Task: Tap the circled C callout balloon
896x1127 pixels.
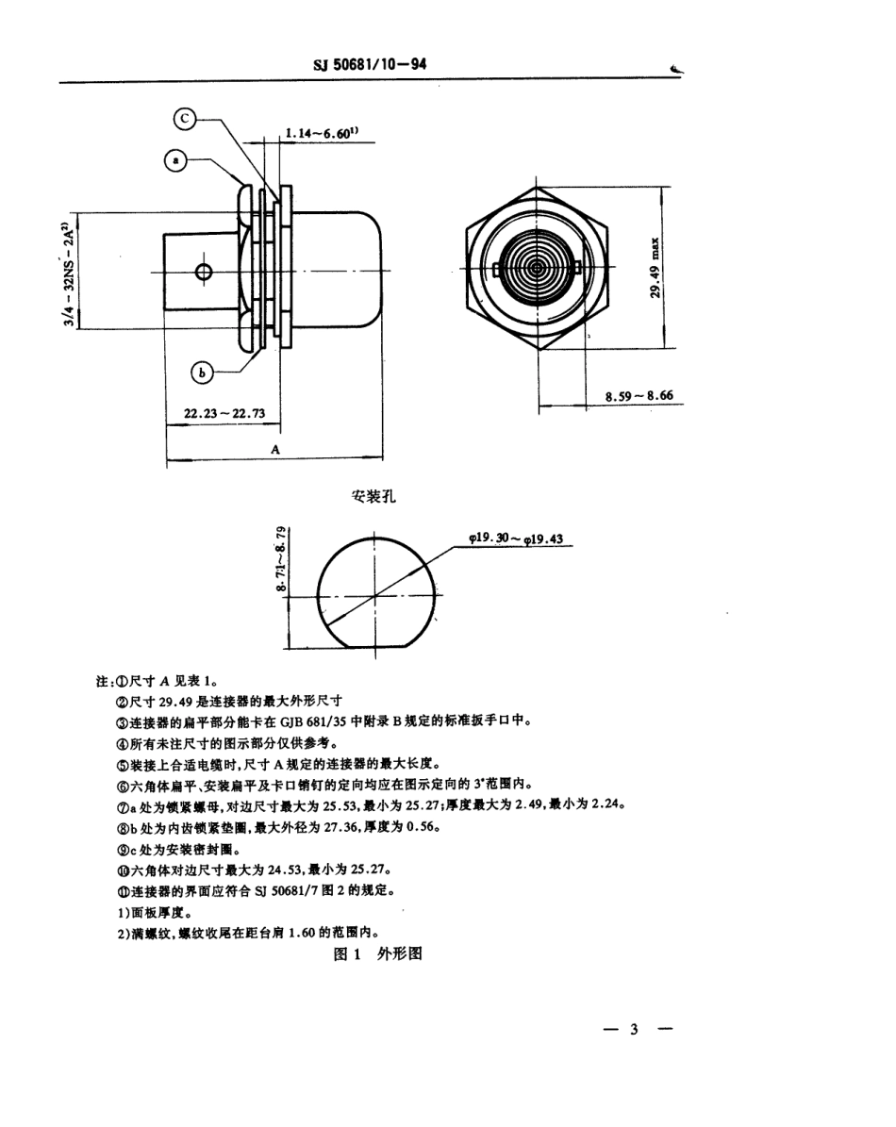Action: click(x=186, y=118)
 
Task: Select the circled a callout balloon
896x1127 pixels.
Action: click(x=175, y=160)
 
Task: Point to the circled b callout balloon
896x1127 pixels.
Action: click(x=202, y=373)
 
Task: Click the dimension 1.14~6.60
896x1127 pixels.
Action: click(x=320, y=133)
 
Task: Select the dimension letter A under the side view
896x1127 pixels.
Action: click(x=275, y=450)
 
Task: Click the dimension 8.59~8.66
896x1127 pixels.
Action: click(x=639, y=397)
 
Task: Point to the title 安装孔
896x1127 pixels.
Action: click(x=373, y=497)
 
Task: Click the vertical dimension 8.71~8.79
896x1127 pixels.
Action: click(x=281, y=560)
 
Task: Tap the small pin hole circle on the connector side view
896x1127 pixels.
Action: click(x=205, y=273)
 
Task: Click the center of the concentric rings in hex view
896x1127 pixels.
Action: click(x=537, y=269)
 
